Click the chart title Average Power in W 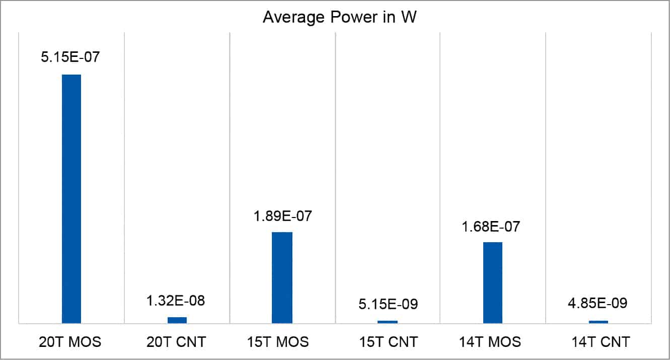point(335,18)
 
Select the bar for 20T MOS point(71,198)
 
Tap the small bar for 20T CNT point(177,320)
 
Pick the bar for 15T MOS point(282,277)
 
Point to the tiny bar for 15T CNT point(388,321)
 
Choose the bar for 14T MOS point(493,282)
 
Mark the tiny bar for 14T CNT point(599,321)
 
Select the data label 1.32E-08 point(176,301)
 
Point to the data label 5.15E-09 point(388,305)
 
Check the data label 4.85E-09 point(599,305)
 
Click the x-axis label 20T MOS point(70,342)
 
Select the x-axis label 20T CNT point(176,342)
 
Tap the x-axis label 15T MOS point(282,342)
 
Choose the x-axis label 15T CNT point(388,342)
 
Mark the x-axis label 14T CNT point(599,342)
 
